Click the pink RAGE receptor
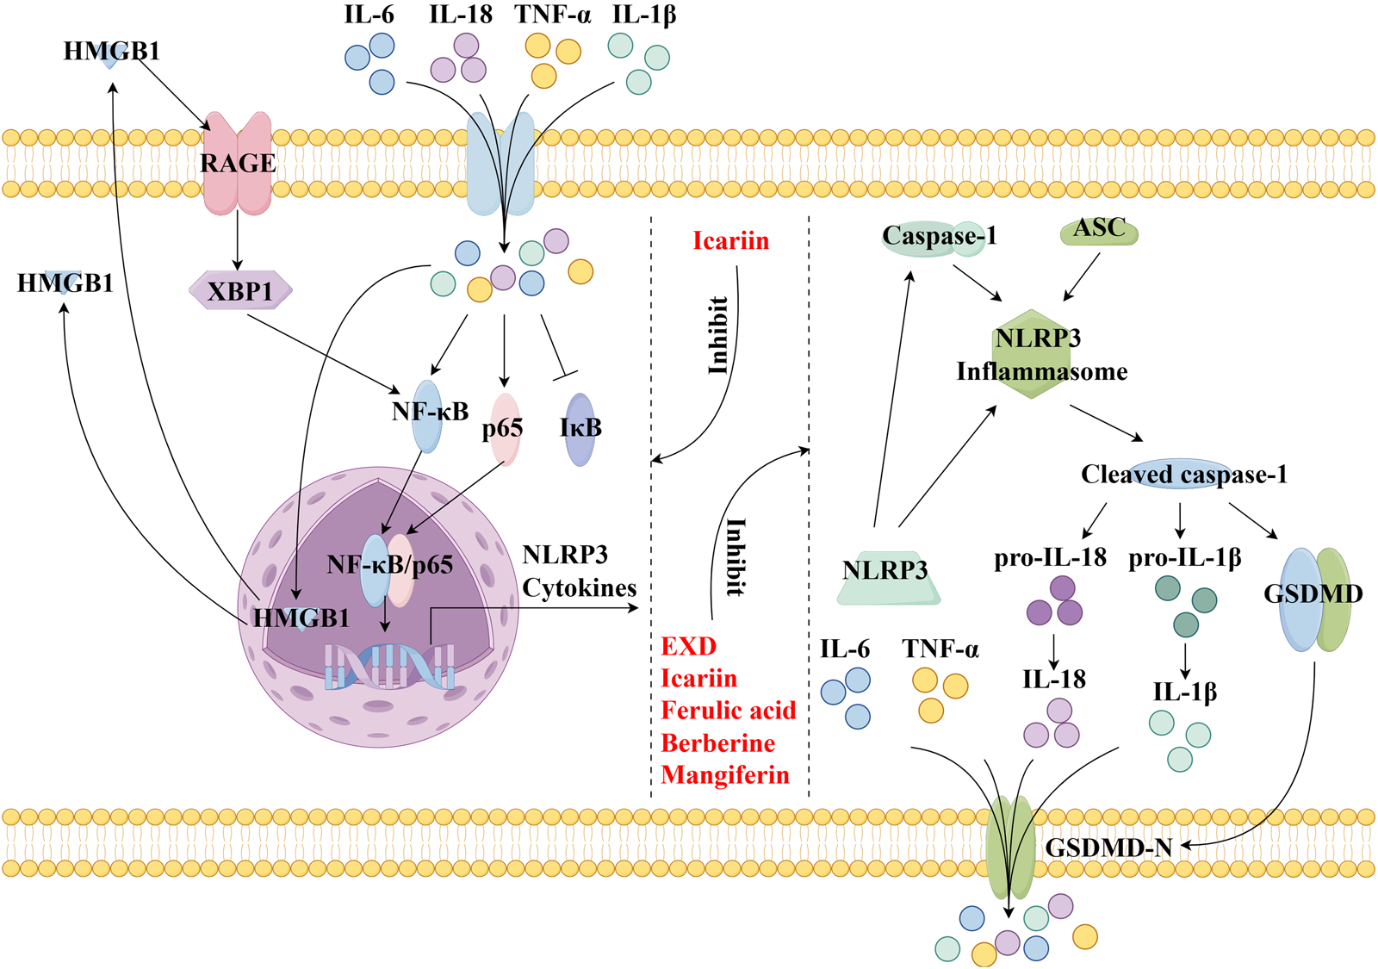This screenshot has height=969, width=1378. point(237,164)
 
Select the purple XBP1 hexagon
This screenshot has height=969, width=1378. point(240,291)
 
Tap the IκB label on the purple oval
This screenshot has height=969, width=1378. point(580,428)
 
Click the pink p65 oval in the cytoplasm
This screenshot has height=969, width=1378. point(505,429)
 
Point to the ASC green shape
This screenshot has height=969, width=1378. point(1099,229)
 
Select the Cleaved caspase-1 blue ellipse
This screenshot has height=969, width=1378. point(1184,474)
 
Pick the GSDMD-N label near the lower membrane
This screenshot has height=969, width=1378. point(1108,848)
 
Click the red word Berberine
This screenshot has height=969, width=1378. point(717,742)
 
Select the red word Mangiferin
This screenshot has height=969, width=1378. point(724,774)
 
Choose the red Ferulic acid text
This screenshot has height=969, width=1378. point(728,710)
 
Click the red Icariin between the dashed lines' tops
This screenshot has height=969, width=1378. point(730,240)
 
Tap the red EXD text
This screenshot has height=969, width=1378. point(688,646)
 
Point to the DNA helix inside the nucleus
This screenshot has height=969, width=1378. point(389,667)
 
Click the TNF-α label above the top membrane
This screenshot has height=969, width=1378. point(553,15)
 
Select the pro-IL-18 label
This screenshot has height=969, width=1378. point(1050,557)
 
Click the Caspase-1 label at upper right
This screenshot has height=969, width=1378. point(938,236)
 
